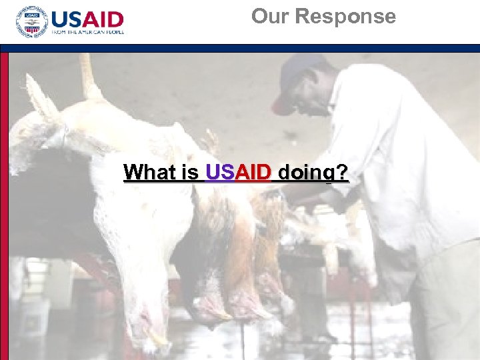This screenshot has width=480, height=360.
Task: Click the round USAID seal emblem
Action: point(31,23)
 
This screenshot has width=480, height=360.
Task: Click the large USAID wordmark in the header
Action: point(87,19)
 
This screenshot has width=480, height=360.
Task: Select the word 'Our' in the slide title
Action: point(270,16)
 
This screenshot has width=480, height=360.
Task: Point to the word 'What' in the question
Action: point(151,173)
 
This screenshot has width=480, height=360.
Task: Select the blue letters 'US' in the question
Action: point(218,173)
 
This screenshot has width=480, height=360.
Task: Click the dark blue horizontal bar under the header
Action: point(240,48)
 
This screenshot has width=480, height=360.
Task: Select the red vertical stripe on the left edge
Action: point(4,200)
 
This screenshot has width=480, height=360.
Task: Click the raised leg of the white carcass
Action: point(87,73)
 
